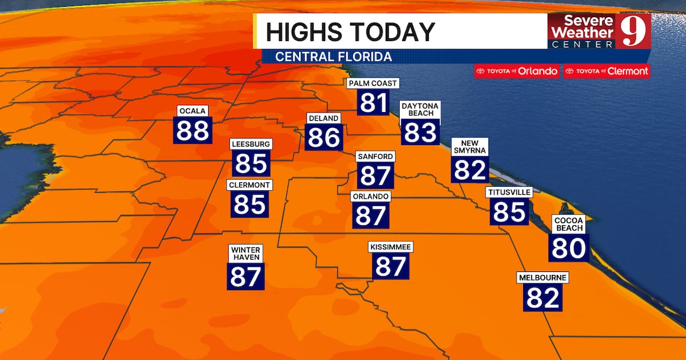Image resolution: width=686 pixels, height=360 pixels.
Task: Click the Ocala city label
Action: coord(193,110)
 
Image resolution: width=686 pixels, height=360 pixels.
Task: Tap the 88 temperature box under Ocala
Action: coord(193,130)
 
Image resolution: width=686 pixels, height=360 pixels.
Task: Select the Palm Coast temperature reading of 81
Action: coord(374,103)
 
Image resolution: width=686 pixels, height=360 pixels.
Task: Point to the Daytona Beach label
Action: coord(420,110)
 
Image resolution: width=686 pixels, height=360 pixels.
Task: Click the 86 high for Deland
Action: coord(324,137)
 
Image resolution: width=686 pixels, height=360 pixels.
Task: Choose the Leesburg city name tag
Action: coord(251,144)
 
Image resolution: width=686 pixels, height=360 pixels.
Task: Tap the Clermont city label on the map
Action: coord(250,185)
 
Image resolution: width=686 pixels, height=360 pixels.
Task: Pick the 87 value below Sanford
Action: coord(375,175)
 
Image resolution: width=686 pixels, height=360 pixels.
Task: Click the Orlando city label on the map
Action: coord(371,197)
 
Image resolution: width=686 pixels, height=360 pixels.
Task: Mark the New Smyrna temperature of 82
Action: coord(470,169)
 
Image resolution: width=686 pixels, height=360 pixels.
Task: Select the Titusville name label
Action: coord(509,193)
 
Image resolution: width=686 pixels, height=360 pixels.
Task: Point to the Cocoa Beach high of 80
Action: coord(569,247)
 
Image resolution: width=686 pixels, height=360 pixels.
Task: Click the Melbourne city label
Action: coord(543,278)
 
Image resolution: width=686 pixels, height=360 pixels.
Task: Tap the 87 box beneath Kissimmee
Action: coord(391,266)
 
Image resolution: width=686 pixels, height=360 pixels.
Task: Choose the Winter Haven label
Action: coord(246,254)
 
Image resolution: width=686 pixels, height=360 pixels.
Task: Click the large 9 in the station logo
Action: coord(633,32)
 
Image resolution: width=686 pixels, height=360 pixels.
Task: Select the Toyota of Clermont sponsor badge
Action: coord(607,71)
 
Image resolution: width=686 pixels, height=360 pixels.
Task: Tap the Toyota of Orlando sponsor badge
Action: coord(516,71)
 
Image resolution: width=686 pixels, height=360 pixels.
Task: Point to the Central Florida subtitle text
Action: coord(333,57)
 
